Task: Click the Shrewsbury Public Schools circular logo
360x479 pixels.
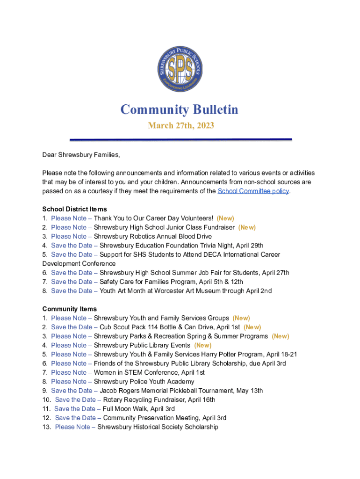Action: [x=180, y=69]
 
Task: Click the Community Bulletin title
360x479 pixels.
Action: [x=180, y=109]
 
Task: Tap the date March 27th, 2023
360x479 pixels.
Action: [x=181, y=125]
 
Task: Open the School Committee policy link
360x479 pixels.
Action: [x=253, y=191]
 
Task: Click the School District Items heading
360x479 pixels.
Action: [x=74, y=209]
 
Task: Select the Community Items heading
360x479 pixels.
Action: [x=70, y=309]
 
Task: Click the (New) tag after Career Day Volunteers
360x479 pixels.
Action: [x=225, y=218]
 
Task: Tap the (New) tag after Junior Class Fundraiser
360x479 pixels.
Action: [x=247, y=227]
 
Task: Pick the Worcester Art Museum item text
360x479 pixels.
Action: [x=196, y=291]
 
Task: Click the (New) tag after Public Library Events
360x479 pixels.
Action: [x=203, y=345]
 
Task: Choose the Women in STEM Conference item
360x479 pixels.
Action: [x=149, y=372]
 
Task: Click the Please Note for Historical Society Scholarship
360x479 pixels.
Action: [x=75, y=427]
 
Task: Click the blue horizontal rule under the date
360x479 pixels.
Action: [x=180, y=139]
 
